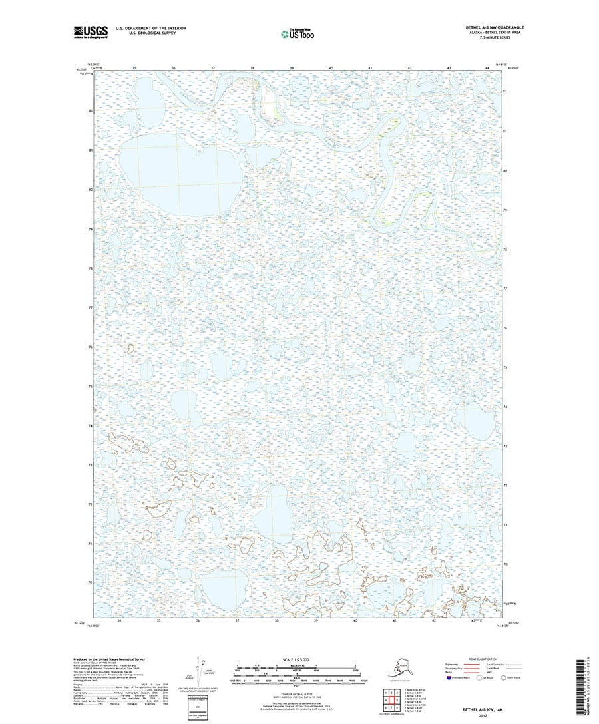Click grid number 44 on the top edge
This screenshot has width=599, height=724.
click(x=487, y=69)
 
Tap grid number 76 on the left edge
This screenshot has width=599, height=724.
click(x=91, y=347)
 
